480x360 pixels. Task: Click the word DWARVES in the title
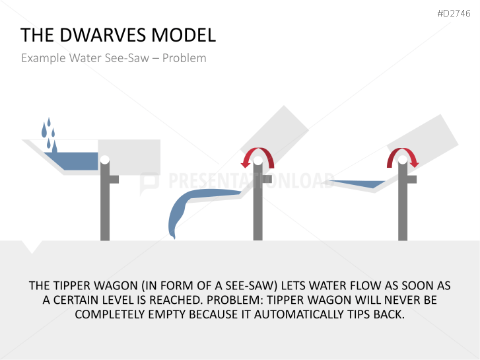point(103,34)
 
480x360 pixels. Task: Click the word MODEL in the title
point(184,34)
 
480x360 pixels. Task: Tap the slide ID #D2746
point(454,13)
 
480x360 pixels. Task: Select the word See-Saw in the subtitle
point(127,58)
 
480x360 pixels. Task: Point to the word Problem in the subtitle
point(184,58)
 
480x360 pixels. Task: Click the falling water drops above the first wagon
point(49,134)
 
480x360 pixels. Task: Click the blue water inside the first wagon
point(73,161)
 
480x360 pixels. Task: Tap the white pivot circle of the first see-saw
point(105,160)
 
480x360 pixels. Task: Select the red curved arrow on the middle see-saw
point(257,151)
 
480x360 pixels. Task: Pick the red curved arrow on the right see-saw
point(403,151)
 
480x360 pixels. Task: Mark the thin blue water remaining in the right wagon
point(358,184)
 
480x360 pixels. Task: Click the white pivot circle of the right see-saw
point(403,160)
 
